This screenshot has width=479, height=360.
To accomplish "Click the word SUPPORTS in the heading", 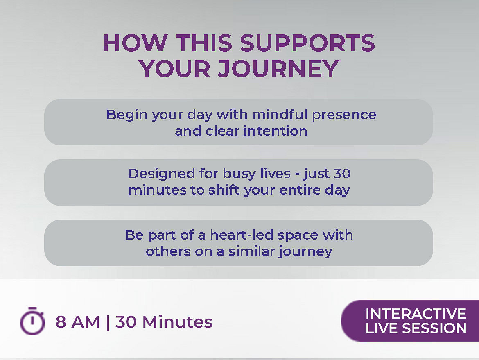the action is click(x=307, y=43).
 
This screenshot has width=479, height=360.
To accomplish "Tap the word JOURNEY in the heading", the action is click(x=278, y=68).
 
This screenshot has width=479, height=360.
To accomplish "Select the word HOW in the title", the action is click(x=136, y=43).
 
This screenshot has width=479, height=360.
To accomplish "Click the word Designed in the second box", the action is click(x=161, y=174).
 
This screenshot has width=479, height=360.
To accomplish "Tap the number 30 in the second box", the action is click(x=342, y=174).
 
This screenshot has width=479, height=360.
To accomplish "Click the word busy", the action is click(x=239, y=174).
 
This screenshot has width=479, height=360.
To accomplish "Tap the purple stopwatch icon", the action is click(x=32, y=321).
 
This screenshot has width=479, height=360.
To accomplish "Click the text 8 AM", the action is click(x=78, y=322).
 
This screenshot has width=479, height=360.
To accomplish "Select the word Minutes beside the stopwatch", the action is click(x=178, y=322).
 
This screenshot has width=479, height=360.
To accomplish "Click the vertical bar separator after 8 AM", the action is click(x=108, y=322).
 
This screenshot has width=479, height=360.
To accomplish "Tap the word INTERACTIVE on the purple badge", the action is click(x=416, y=314).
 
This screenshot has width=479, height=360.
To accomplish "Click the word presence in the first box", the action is click(x=344, y=115).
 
